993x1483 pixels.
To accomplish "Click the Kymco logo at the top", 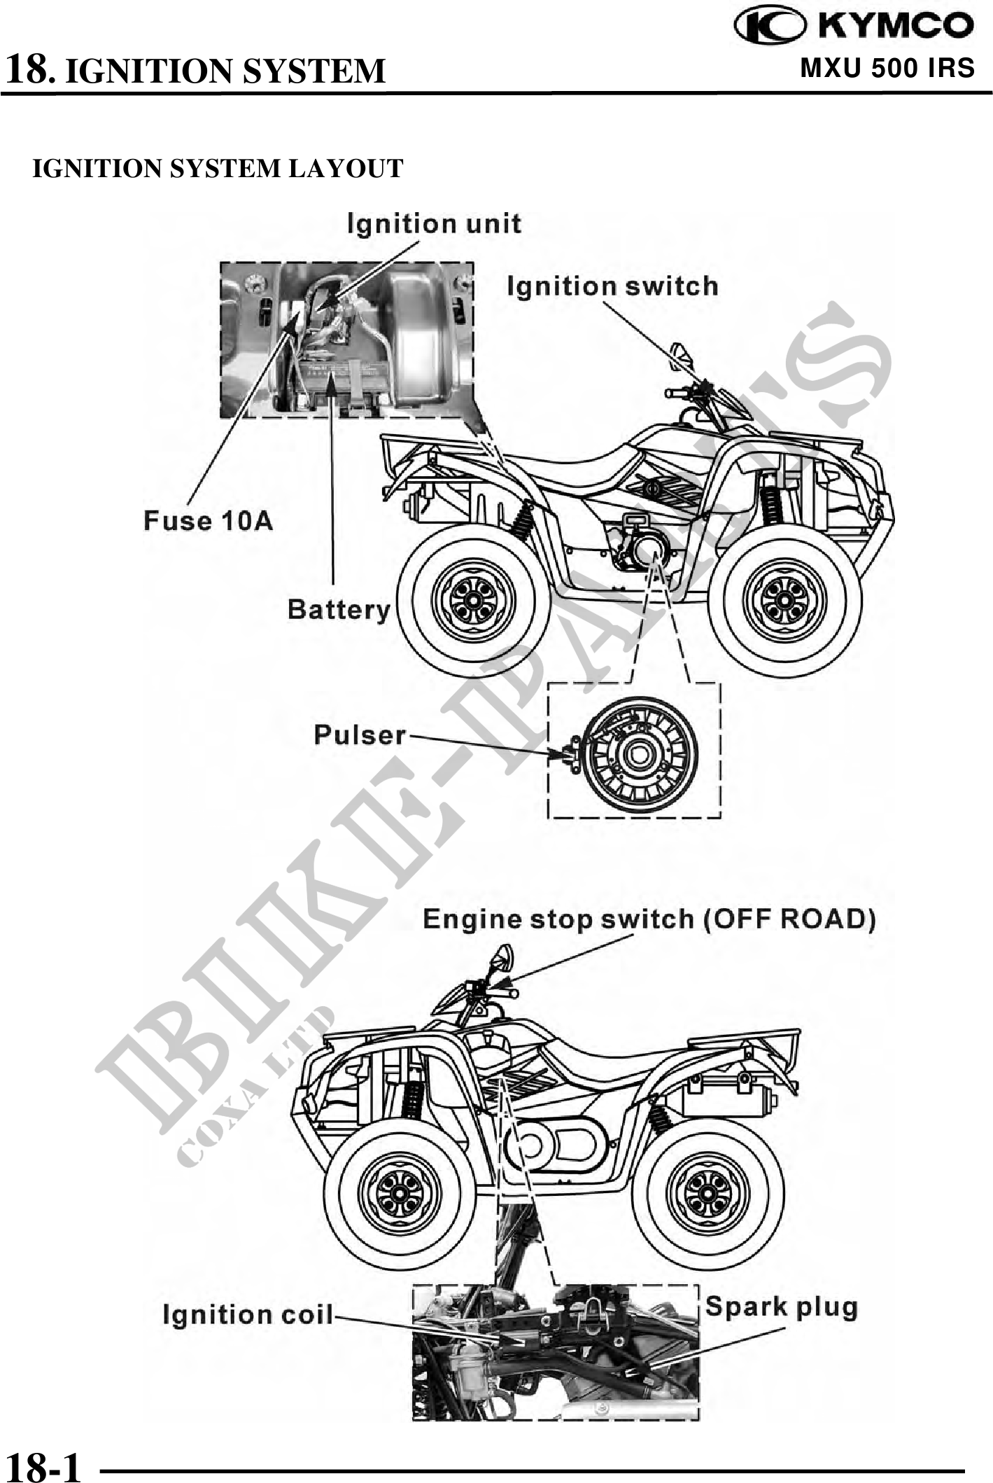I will pyautogui.click(x=853, y=26).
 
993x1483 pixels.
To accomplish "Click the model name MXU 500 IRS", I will pyautogui.click(x=887, y=69).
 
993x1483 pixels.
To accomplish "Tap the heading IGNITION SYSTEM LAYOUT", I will pyautogui.click(x=218, y=169).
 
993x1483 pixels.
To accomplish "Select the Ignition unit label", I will pyautogui.click(x=434, y=224).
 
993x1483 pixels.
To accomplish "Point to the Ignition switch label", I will pyautogui.click(x=612, y=286).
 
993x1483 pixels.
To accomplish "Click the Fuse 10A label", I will pyautogui.click(x=208, y=521).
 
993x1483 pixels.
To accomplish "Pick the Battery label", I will pyautogui.click(x=339, y=609).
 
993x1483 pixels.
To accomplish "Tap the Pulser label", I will pyautogui.click(x=360, y=734).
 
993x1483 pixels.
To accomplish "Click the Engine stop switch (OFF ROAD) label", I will pyautogui.click(x=649, y=919).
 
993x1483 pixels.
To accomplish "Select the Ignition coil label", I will pyautogui.click(x=248, y=1314).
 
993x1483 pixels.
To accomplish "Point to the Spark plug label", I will pyautogui.click(x=781, y=1307).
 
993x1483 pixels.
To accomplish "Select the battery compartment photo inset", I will pyautogui.click(x=347, y=340).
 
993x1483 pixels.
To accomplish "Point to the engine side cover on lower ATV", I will pyautogui.click(x=553, y=1144).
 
